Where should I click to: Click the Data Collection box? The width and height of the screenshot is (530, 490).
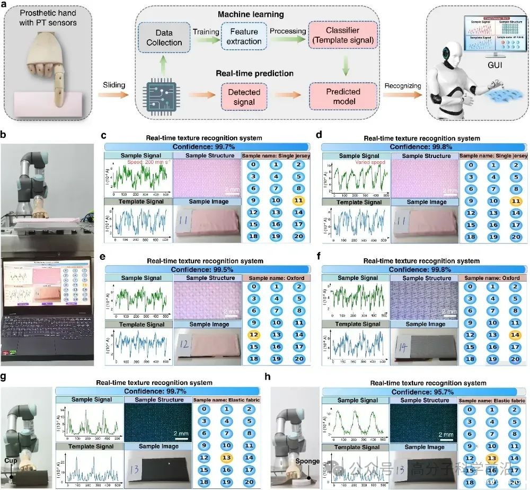164,37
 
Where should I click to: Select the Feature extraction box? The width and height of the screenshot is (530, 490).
244,37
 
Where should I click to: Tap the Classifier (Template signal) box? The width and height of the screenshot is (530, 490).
339,37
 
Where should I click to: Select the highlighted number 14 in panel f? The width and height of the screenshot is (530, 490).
514,335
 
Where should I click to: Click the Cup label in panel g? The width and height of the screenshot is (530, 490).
10,461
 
